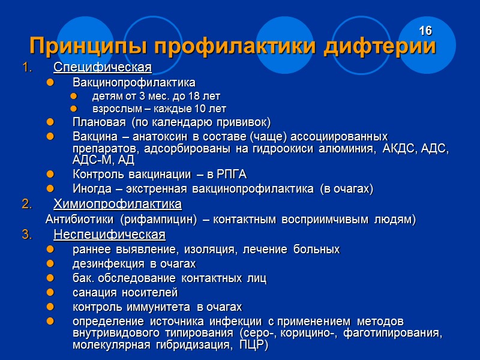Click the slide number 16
coord(425,31)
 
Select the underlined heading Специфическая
coord(102,66)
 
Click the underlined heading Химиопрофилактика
coord(117,204)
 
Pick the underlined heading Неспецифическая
coord(109,233)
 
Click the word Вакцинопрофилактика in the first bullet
coord(134,82)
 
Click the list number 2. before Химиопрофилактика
coord(26,204)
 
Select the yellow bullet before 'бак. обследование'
coord(50,278)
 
